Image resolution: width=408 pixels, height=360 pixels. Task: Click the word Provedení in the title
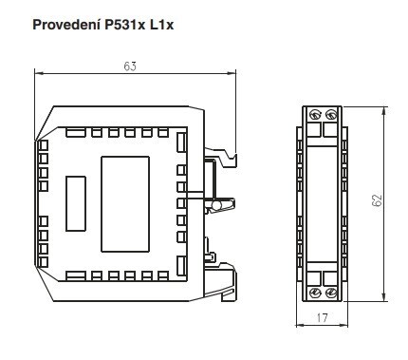(66, 25)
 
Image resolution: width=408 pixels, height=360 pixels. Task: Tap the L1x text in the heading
(161, 25)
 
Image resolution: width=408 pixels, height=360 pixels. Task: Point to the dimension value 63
(130, 66)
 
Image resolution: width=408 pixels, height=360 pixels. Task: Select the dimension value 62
(377, 200)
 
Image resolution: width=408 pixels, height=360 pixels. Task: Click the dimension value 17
(322, 317)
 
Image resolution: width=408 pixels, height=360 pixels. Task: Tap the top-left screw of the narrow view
(315, 114)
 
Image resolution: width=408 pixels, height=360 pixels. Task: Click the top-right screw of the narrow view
(330, 114)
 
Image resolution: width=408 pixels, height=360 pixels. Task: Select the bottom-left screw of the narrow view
(315, 293)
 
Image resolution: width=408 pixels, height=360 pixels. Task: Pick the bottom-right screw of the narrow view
(330, 293)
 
